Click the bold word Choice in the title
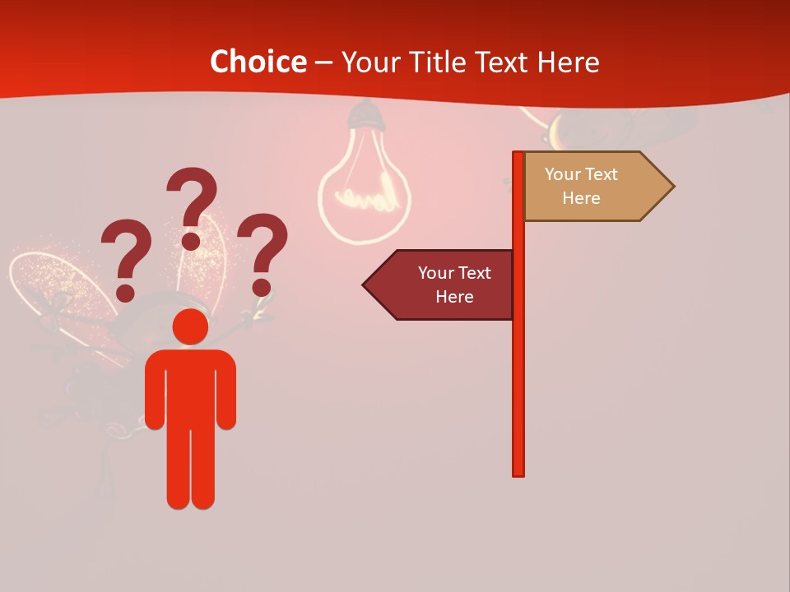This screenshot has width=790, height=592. click(258, 62)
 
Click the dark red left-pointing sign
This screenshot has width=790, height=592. click(444, 285)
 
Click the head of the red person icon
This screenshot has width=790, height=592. click(190, 326)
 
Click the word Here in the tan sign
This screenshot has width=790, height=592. click(581, 198)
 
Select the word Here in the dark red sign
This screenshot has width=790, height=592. click(454, 297)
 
